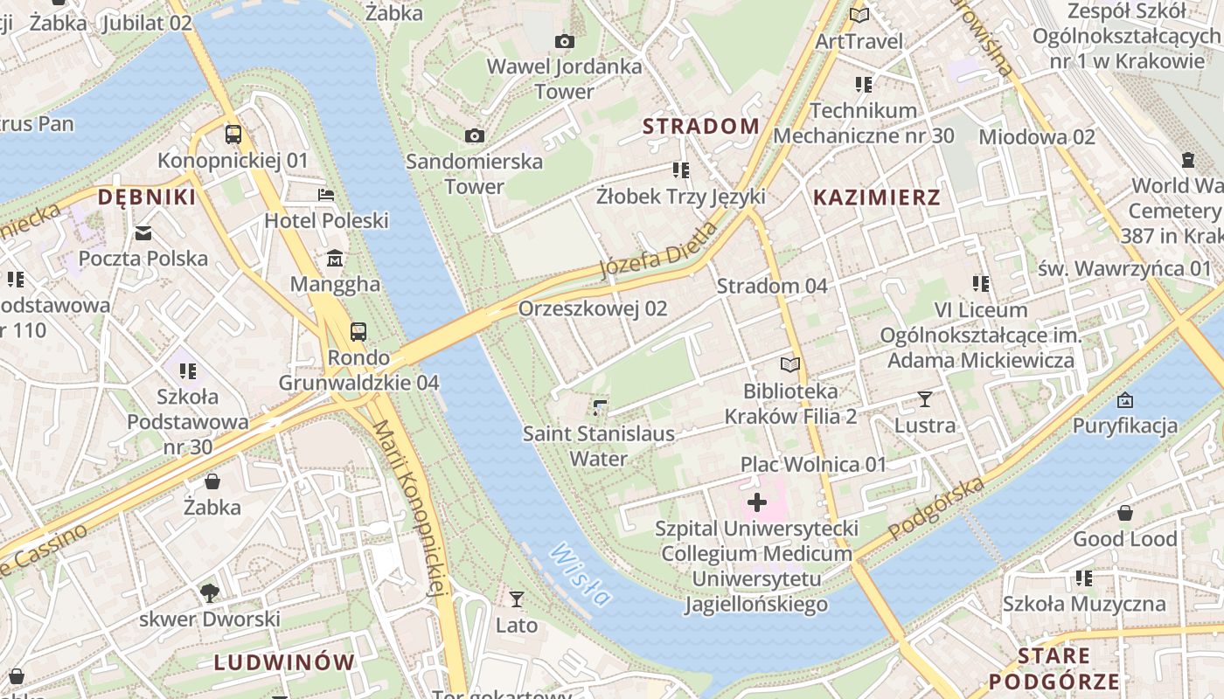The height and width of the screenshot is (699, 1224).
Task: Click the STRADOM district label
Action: pyautogui.click(x=701, y=126)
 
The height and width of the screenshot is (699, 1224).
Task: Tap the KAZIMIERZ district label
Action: pyautogui.click(x=877, y=197)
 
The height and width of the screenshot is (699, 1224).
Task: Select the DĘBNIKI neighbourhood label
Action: pyautogui.click(x=147, y=197)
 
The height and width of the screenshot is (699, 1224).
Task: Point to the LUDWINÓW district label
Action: pyautogui.click(x=284, y=662)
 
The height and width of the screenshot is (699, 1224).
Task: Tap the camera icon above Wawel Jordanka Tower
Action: pyautogui.click(x=565, y=41)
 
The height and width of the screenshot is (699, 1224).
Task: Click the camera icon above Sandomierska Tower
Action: pyautogui.click(x=475, y=135)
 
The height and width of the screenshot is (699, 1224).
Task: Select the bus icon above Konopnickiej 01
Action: pyautogui.click(x=233, y=135)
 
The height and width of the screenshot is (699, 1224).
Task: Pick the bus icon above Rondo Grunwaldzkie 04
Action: pyautogui.click(x=358, y=331)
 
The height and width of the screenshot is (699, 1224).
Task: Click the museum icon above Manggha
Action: pyautogui.click(x=335, y=259)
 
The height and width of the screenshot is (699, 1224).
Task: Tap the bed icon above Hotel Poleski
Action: pyautogui.click(x=326, y=194)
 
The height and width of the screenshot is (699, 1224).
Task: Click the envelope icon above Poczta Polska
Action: pyautogui.click(x=143, y=232)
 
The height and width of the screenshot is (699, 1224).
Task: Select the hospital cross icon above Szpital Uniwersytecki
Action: pyautogui.click(x=757, y=502)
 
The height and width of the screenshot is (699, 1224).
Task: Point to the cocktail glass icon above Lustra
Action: pyautogui.click(x=925, y=399)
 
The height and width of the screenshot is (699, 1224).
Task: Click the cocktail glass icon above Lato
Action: pyautogui.click(x=517, y=599)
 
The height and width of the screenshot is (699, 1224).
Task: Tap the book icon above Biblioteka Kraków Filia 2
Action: pyautogui.click(x=790, y=364)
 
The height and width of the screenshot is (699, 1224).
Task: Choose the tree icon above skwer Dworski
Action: pyautogui.click(x=210, y=593)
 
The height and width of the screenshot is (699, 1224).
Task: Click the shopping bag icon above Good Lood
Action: pyautogui.click(x=1125, y=512)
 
